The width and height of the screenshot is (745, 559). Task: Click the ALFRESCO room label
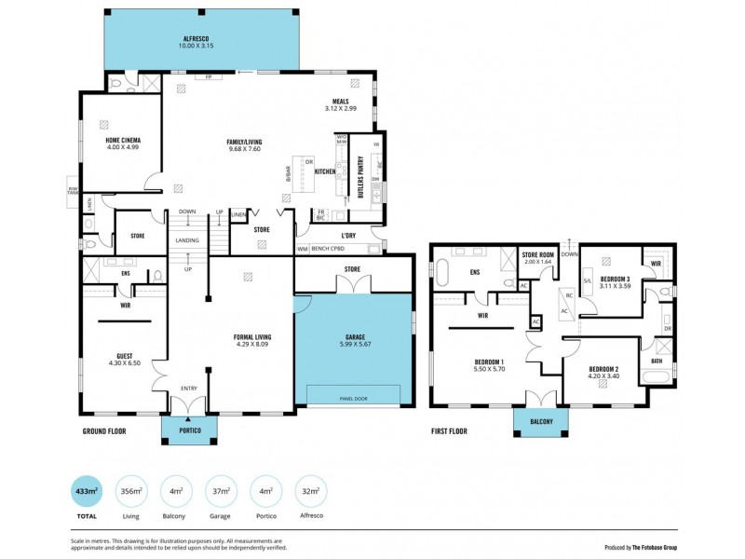(x=197, y=38)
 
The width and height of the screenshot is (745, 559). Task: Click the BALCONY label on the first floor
(x=542, y=422)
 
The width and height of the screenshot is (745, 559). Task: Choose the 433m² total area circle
(x=87, y=490)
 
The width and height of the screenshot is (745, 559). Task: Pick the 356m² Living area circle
(x=129, y=490)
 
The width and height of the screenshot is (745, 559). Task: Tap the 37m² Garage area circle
(x=222, y=490)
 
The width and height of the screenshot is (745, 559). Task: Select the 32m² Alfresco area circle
(x=310, y=490)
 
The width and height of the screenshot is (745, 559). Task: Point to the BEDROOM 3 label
(x=615, y=279)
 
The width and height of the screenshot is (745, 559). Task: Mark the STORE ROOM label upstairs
(x=538, y=254)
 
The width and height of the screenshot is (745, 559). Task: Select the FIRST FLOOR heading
(x=448, y=431)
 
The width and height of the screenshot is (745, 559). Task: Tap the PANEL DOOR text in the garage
(x=351, y=399)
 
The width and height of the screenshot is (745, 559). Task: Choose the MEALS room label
(x=340, y=102)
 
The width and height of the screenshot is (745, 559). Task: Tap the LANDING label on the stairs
(x=186, y=240)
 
